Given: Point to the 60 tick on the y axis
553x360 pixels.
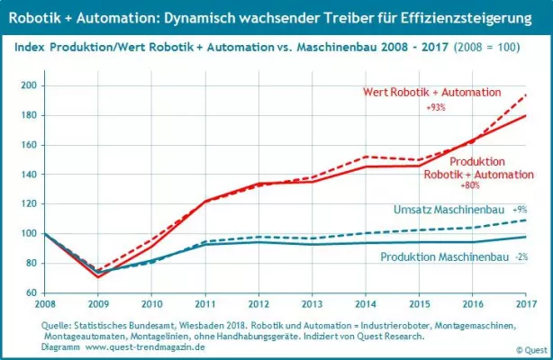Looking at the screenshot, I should click(x=32, y=292).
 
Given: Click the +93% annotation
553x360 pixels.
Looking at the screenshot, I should click(x=437, y=108).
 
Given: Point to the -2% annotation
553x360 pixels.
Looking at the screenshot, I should click(x=521, y=257).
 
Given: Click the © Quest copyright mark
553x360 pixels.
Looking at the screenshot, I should click(x=531, y=349).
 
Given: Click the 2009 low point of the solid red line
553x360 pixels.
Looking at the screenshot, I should click(x=99, y=276).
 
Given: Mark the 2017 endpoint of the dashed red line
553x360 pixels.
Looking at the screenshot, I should click(x=526, y=94).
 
